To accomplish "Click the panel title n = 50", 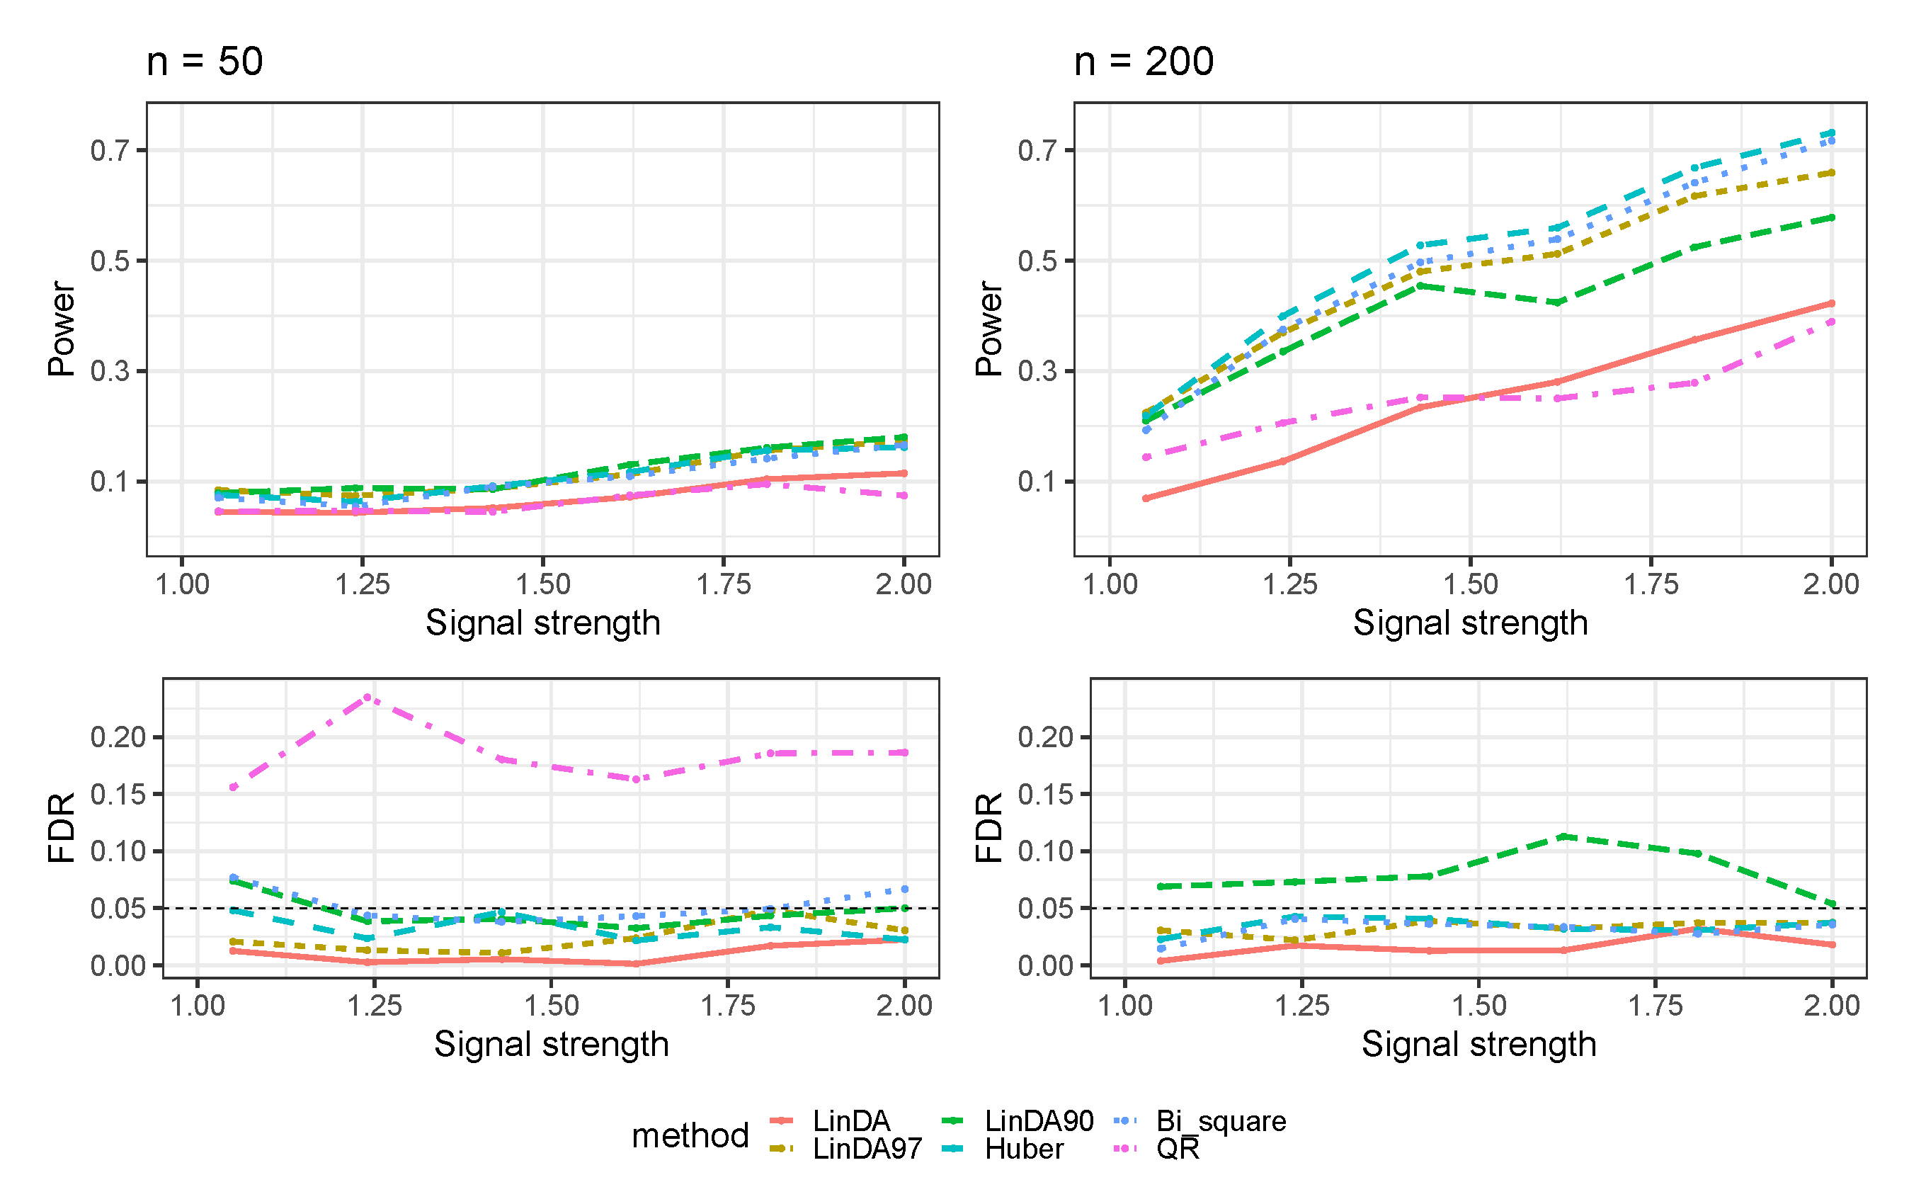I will point(204,61).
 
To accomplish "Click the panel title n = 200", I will point(1143,61).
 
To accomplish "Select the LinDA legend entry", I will point(850,1121).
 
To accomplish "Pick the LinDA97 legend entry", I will point(867,1149).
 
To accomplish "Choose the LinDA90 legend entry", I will point(1038,1121).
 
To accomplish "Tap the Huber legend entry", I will point(1023,1149).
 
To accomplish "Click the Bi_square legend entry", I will point(1221,1121).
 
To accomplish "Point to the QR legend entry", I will point(1178,1149).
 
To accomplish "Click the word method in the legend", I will point(690,1135).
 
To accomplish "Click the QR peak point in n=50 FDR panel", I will point(367,697).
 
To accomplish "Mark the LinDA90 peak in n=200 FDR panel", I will point(1563,837).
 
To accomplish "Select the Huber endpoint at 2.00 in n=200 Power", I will point(1832,132).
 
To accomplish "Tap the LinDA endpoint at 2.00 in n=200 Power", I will point(1832,303).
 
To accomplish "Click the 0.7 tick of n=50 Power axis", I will point(109,150).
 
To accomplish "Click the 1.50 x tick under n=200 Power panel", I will point(1470,584).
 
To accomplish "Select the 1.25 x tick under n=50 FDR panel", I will point(375,1006).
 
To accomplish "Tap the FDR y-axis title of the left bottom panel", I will point(61,827).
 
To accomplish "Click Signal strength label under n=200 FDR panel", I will point(1478,1044).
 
